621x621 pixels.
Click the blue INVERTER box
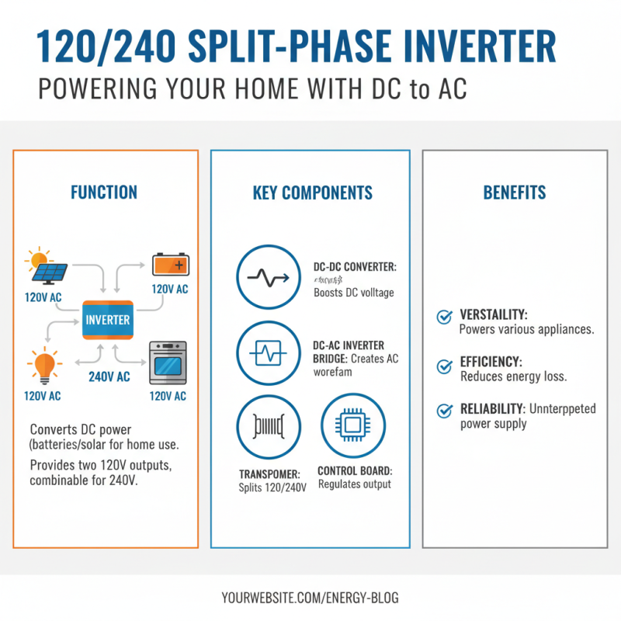tap(108, 319)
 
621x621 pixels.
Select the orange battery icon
tap(170, 265)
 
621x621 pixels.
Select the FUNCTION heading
tap(104, 193)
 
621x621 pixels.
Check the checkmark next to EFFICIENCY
tap(445, 364)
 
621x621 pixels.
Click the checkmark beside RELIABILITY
tap(445, 411)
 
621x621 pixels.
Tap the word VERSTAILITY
tap(494, 315)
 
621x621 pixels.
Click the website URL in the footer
tap(310, 598)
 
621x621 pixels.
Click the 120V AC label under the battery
tap(170, 290)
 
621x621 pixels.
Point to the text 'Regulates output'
tap(355, 484)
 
